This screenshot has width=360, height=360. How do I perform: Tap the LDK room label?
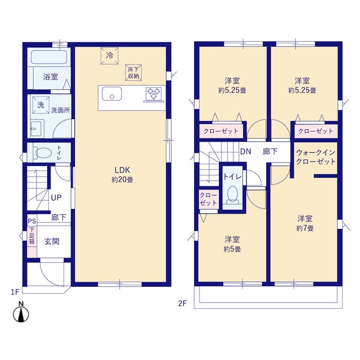[123, 170]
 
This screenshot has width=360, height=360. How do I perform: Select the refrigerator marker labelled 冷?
[110, 56]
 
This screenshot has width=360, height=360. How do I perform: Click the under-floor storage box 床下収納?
[133, 73]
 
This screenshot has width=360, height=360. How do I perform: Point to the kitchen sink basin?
[112, 94]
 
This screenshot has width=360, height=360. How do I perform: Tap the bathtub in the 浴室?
[49, 57]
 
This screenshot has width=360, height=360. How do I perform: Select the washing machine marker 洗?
[41, 105]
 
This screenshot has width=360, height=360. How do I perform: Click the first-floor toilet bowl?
[43, 152]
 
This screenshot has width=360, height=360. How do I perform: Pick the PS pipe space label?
[32, 221]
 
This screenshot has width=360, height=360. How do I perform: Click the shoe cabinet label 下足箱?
[32, 236]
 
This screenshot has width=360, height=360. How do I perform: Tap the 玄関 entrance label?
[52, 241]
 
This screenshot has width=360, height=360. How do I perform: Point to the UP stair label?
[56, 197]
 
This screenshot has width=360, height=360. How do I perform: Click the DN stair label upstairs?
[246, 151]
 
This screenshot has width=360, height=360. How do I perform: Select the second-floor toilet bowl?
[232, 195]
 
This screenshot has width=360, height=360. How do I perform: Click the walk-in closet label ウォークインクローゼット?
[316, 157]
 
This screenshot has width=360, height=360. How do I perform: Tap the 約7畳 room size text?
[305, 228]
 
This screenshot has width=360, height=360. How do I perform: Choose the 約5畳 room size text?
[232, 249]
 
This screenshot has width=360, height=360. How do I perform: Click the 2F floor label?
[182, 304]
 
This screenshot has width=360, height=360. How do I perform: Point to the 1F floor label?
[15, 292]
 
